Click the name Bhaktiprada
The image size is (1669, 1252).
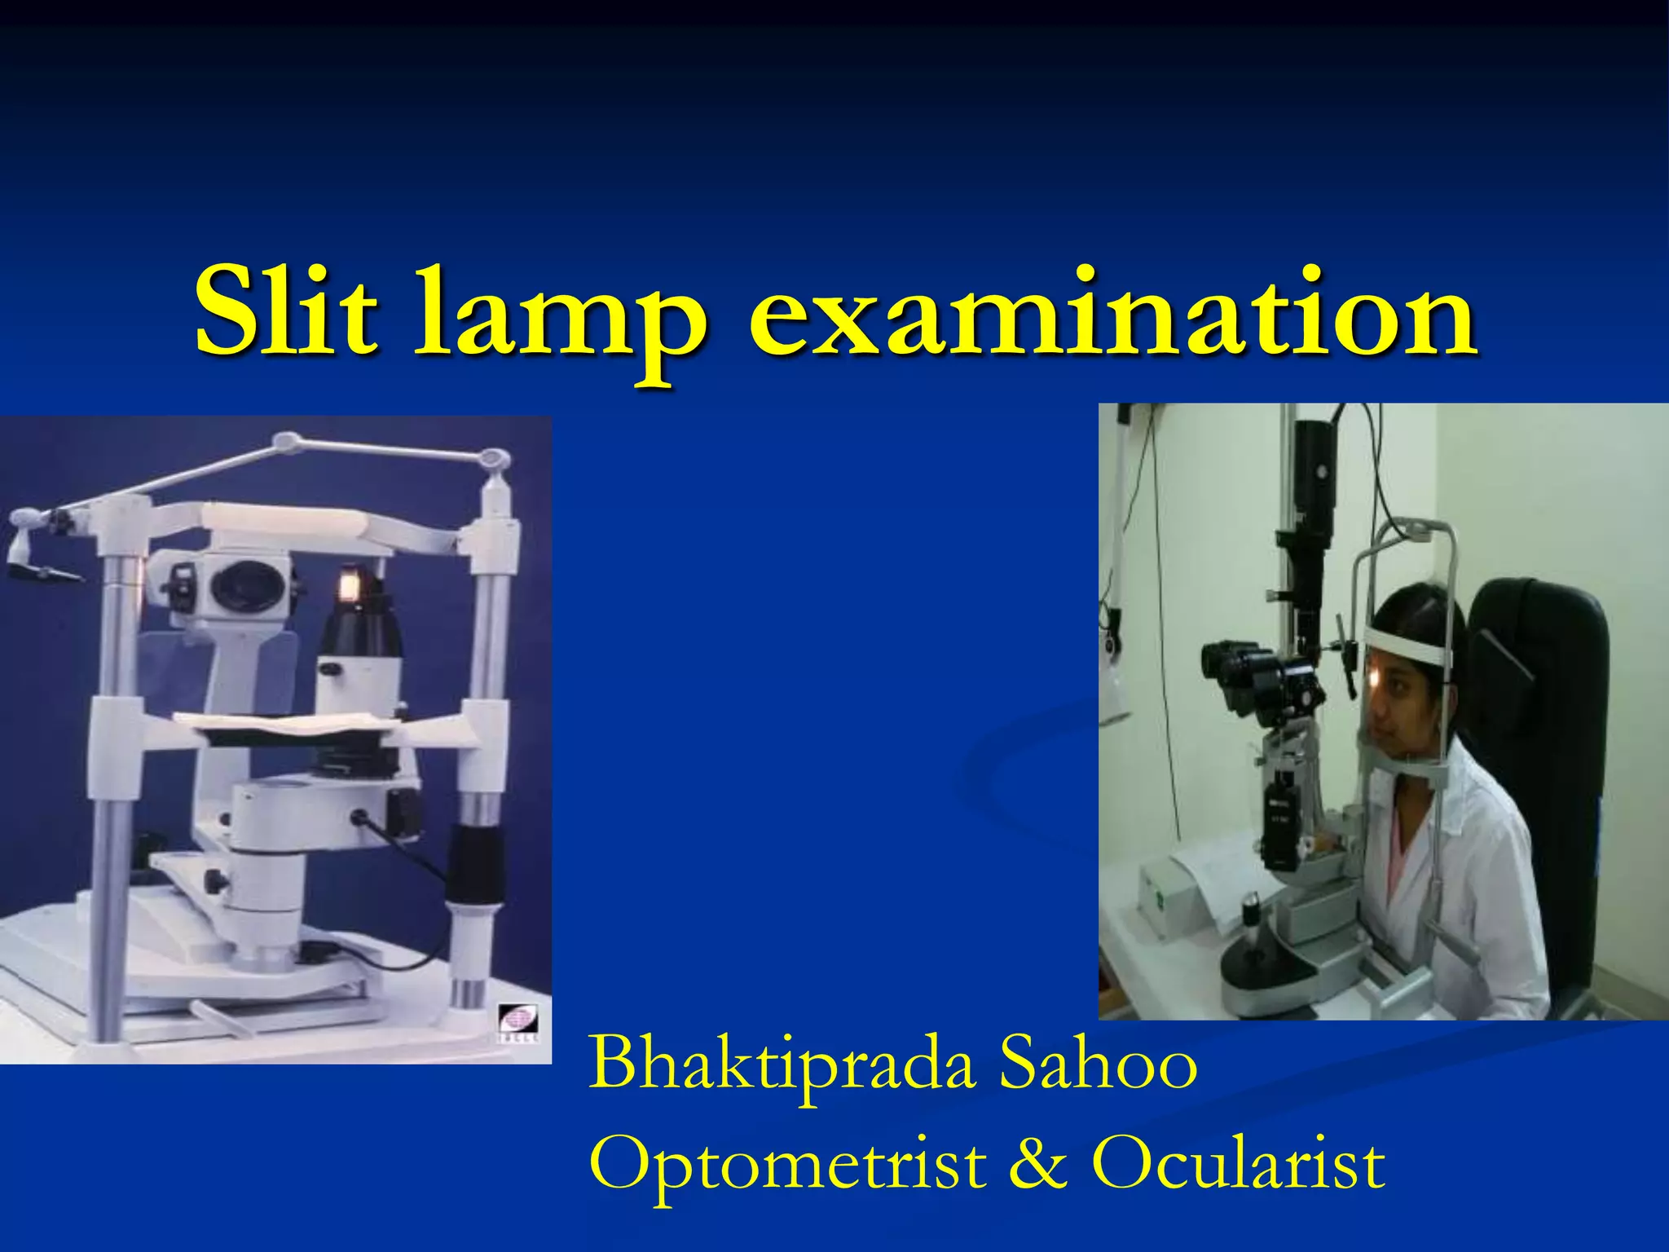coord(782,1064)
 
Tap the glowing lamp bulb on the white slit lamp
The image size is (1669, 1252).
coord(350,585)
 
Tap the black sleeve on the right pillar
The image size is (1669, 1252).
coord(475,864)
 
